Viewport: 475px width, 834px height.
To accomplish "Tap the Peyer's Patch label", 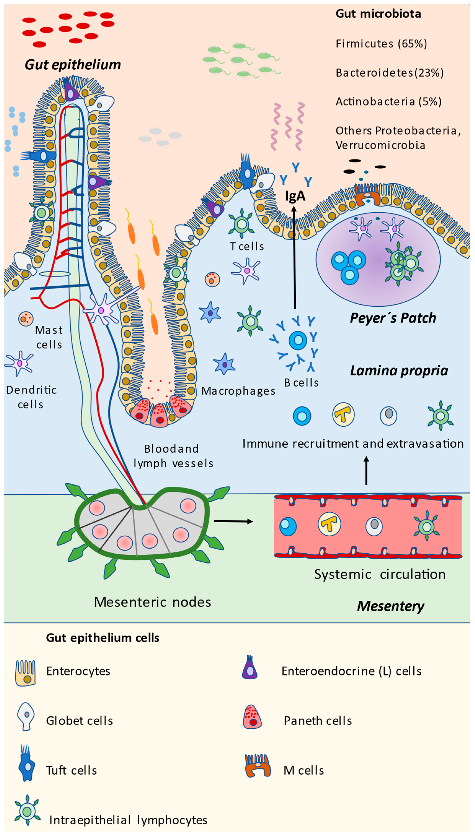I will (x=393, y=318).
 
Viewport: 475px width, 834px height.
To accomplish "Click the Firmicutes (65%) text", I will (x=381, y=44).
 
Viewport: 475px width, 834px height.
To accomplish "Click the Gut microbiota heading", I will (x=378, y=14).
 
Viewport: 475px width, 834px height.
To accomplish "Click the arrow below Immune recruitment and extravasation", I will (x=366, y=471).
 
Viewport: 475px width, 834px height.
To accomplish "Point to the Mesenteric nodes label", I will (x=152, y=602).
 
